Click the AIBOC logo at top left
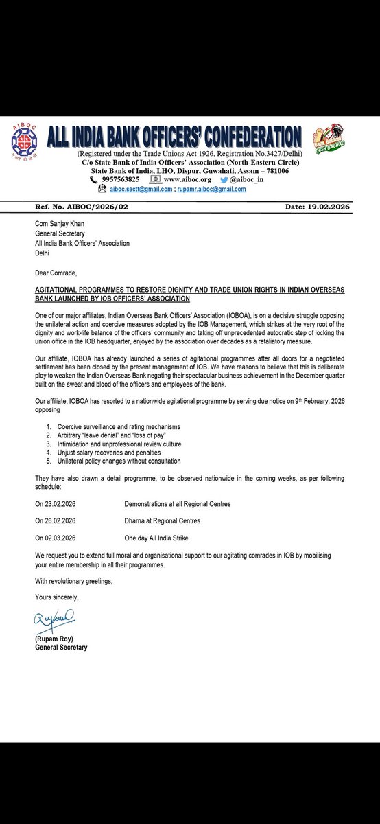point(24,142)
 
